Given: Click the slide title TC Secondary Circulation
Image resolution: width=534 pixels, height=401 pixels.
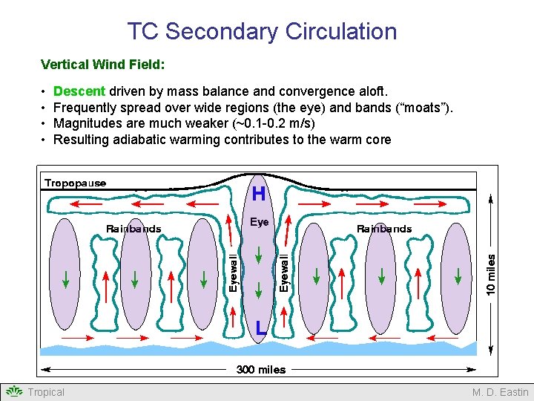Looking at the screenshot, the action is (x=262, y=31).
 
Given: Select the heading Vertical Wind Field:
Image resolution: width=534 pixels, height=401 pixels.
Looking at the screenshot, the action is (x=102, y=65).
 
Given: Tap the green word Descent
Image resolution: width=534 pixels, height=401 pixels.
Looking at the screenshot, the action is (x=79, y=91).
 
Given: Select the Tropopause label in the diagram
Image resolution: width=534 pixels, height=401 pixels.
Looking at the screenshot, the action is (x=75, y=183).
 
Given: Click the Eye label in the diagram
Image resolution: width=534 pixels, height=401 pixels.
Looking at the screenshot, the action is (x=259, y=221).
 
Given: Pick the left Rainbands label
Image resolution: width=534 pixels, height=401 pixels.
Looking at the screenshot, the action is (x=133, y=229).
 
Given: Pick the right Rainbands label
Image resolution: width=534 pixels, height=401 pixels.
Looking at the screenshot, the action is (x=384, y=229).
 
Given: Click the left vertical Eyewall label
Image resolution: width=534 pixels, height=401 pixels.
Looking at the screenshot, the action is (x=233, y=273).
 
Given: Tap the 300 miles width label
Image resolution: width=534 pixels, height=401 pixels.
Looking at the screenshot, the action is (x=260, y=369).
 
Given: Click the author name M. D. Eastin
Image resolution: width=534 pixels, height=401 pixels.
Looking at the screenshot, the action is (x=500, y=392).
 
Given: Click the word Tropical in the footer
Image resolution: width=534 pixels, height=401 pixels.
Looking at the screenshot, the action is (x=46, y=392).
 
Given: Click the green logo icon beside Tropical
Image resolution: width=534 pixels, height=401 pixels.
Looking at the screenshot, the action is (x=14, y=391).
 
